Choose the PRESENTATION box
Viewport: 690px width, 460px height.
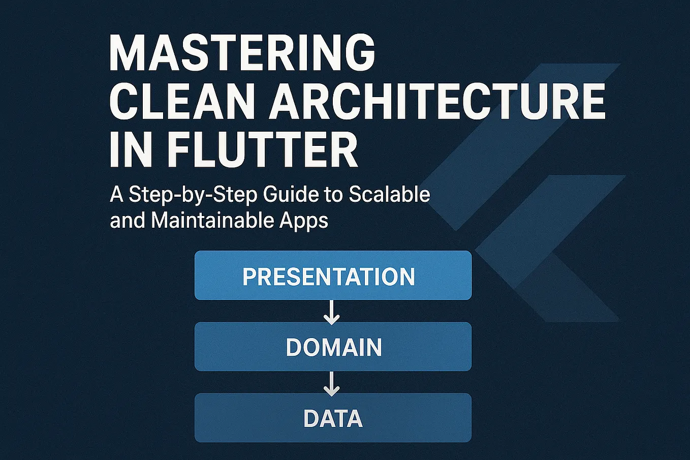click(333, 275)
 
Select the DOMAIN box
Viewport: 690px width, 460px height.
click(333, 347)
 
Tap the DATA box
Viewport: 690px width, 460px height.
click(333, 418)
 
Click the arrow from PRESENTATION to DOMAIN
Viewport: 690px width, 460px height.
click(332, 312)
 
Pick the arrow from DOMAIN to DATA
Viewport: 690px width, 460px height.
click(332, 383)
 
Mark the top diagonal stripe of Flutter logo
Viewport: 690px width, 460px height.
click(528, 137)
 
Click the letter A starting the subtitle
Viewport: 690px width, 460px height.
click(116, 195)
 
